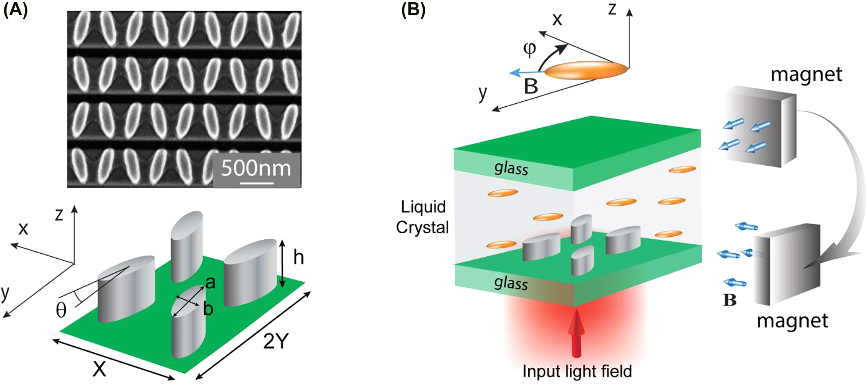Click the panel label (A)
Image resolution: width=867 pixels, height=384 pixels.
15,10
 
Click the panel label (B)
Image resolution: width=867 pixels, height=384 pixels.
413,10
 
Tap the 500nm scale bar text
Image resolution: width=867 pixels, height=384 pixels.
256,168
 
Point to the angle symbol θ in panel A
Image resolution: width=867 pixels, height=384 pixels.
61,310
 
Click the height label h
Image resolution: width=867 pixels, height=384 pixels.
298,258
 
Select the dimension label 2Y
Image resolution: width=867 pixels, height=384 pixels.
276,343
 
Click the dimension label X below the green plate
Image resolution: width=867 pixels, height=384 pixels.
99,370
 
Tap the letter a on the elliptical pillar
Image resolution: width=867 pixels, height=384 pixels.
210,283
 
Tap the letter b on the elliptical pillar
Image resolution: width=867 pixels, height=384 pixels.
208,309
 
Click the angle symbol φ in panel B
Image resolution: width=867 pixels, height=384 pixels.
529,49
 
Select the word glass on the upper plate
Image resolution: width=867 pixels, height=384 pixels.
511,168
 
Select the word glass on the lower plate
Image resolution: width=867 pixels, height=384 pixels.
511,283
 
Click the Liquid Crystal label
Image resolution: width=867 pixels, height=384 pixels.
422,217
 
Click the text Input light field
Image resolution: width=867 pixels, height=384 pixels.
577,371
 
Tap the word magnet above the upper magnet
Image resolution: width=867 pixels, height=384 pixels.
806,75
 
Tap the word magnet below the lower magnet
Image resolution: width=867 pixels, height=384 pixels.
792,321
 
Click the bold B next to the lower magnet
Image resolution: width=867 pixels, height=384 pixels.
729,300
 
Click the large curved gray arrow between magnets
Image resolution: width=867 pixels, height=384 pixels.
850,183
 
